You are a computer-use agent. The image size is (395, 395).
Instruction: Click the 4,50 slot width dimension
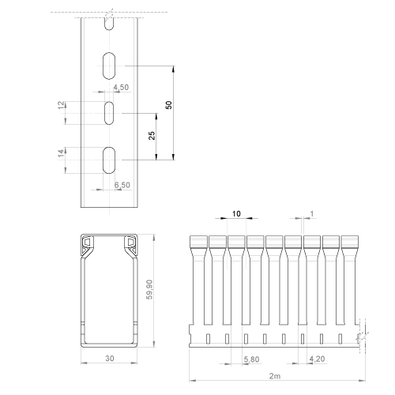click(x=121, y=87)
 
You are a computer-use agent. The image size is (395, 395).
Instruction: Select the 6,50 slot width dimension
click(x=122, y=185)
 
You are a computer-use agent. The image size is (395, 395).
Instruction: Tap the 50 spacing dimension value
click(x=169, y=105)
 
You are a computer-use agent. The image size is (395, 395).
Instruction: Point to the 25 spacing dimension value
click(x=152, y=136)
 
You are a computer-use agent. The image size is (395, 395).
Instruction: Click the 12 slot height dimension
click(x=61, y=105)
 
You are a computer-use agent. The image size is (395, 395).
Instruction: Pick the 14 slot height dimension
click(x=61, y=153)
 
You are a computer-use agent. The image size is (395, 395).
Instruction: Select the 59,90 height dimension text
click(x=149, y=289)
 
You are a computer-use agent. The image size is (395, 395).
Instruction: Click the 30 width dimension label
click(x=110, y=358)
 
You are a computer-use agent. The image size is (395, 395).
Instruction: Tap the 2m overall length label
click(x=275, y=376)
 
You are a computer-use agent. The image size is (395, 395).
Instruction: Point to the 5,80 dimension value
click(x=251, y=359)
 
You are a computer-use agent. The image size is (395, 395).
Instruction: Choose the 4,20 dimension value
click(x=317, y=359)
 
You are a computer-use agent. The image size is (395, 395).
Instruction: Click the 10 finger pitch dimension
click(x=236, y=213)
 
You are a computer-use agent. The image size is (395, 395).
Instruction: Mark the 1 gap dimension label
click(x=312, y=214)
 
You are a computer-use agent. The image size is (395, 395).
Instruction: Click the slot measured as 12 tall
click(x=109, y=113)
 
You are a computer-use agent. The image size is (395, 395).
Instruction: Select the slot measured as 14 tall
click(x=109, y=160)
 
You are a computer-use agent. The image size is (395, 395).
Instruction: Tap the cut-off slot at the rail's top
click(x=109, y=24)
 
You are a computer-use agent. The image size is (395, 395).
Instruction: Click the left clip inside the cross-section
click(x=88, y=246)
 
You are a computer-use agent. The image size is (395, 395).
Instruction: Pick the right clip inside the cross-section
click(x=130, y=246)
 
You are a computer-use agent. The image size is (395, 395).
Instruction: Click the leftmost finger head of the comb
click(x=198, y=242)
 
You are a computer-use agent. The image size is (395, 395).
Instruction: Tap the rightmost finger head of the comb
click(x=350, y=242)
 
